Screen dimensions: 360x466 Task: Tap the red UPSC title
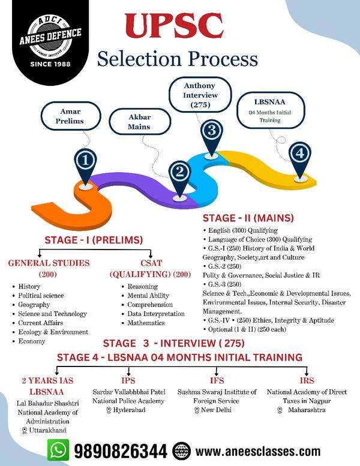tap(174, 26)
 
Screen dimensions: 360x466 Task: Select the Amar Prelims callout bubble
tap(71, 116)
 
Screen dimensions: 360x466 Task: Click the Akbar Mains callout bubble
tap(140, 122)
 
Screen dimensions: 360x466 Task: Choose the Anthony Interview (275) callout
tap(200, 95)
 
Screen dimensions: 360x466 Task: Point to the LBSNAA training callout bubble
tap(271, 110)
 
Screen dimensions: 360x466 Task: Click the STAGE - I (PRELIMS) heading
tap(94, 240)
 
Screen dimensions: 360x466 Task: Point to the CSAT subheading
tap(151, 263)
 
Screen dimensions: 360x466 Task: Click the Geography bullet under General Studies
tap(34, 305)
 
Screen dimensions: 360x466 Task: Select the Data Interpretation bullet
tap(156, 314)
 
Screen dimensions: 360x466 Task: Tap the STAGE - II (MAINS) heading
tap(248, 218)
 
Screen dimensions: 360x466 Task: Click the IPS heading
tap(128, 381)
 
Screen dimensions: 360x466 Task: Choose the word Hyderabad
tap(129, 410)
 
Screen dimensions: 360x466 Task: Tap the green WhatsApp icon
tap(58, 450)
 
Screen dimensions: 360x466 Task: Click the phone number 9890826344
tap(121, 451)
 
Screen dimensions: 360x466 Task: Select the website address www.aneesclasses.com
tap(258, 452)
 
